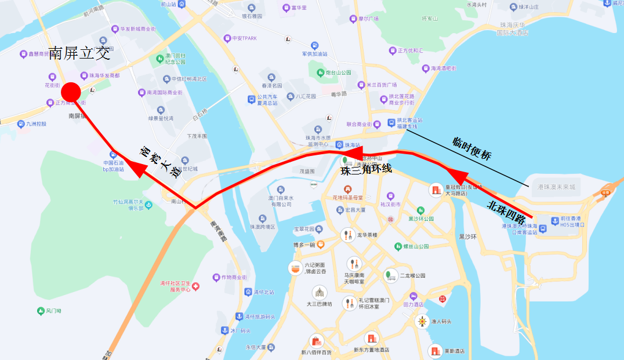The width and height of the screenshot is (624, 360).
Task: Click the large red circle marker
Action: (71, 92)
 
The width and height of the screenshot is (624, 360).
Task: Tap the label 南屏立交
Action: (79, 54)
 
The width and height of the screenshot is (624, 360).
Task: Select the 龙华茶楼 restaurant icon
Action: (348, 235)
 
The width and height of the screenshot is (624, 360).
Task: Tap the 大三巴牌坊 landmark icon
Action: (319, 292)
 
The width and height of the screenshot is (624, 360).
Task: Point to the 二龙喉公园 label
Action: (412, 275)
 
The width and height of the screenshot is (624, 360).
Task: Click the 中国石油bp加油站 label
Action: (114, 166)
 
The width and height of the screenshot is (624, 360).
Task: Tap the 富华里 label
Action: (299, 8)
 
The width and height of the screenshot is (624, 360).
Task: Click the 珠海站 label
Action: (353, 146)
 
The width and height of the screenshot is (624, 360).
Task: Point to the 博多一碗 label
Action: (304, 245)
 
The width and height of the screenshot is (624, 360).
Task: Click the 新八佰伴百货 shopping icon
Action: (316, 341)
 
